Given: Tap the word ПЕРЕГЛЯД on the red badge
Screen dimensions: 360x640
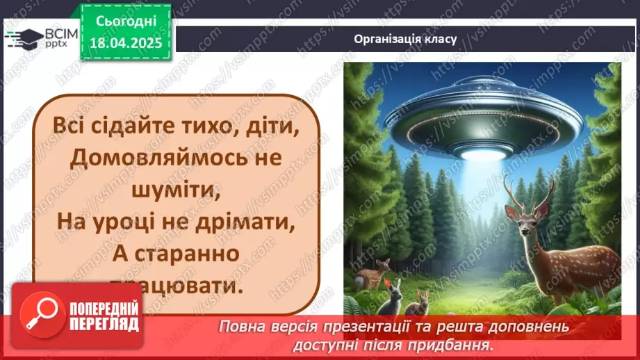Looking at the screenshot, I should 104,324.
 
